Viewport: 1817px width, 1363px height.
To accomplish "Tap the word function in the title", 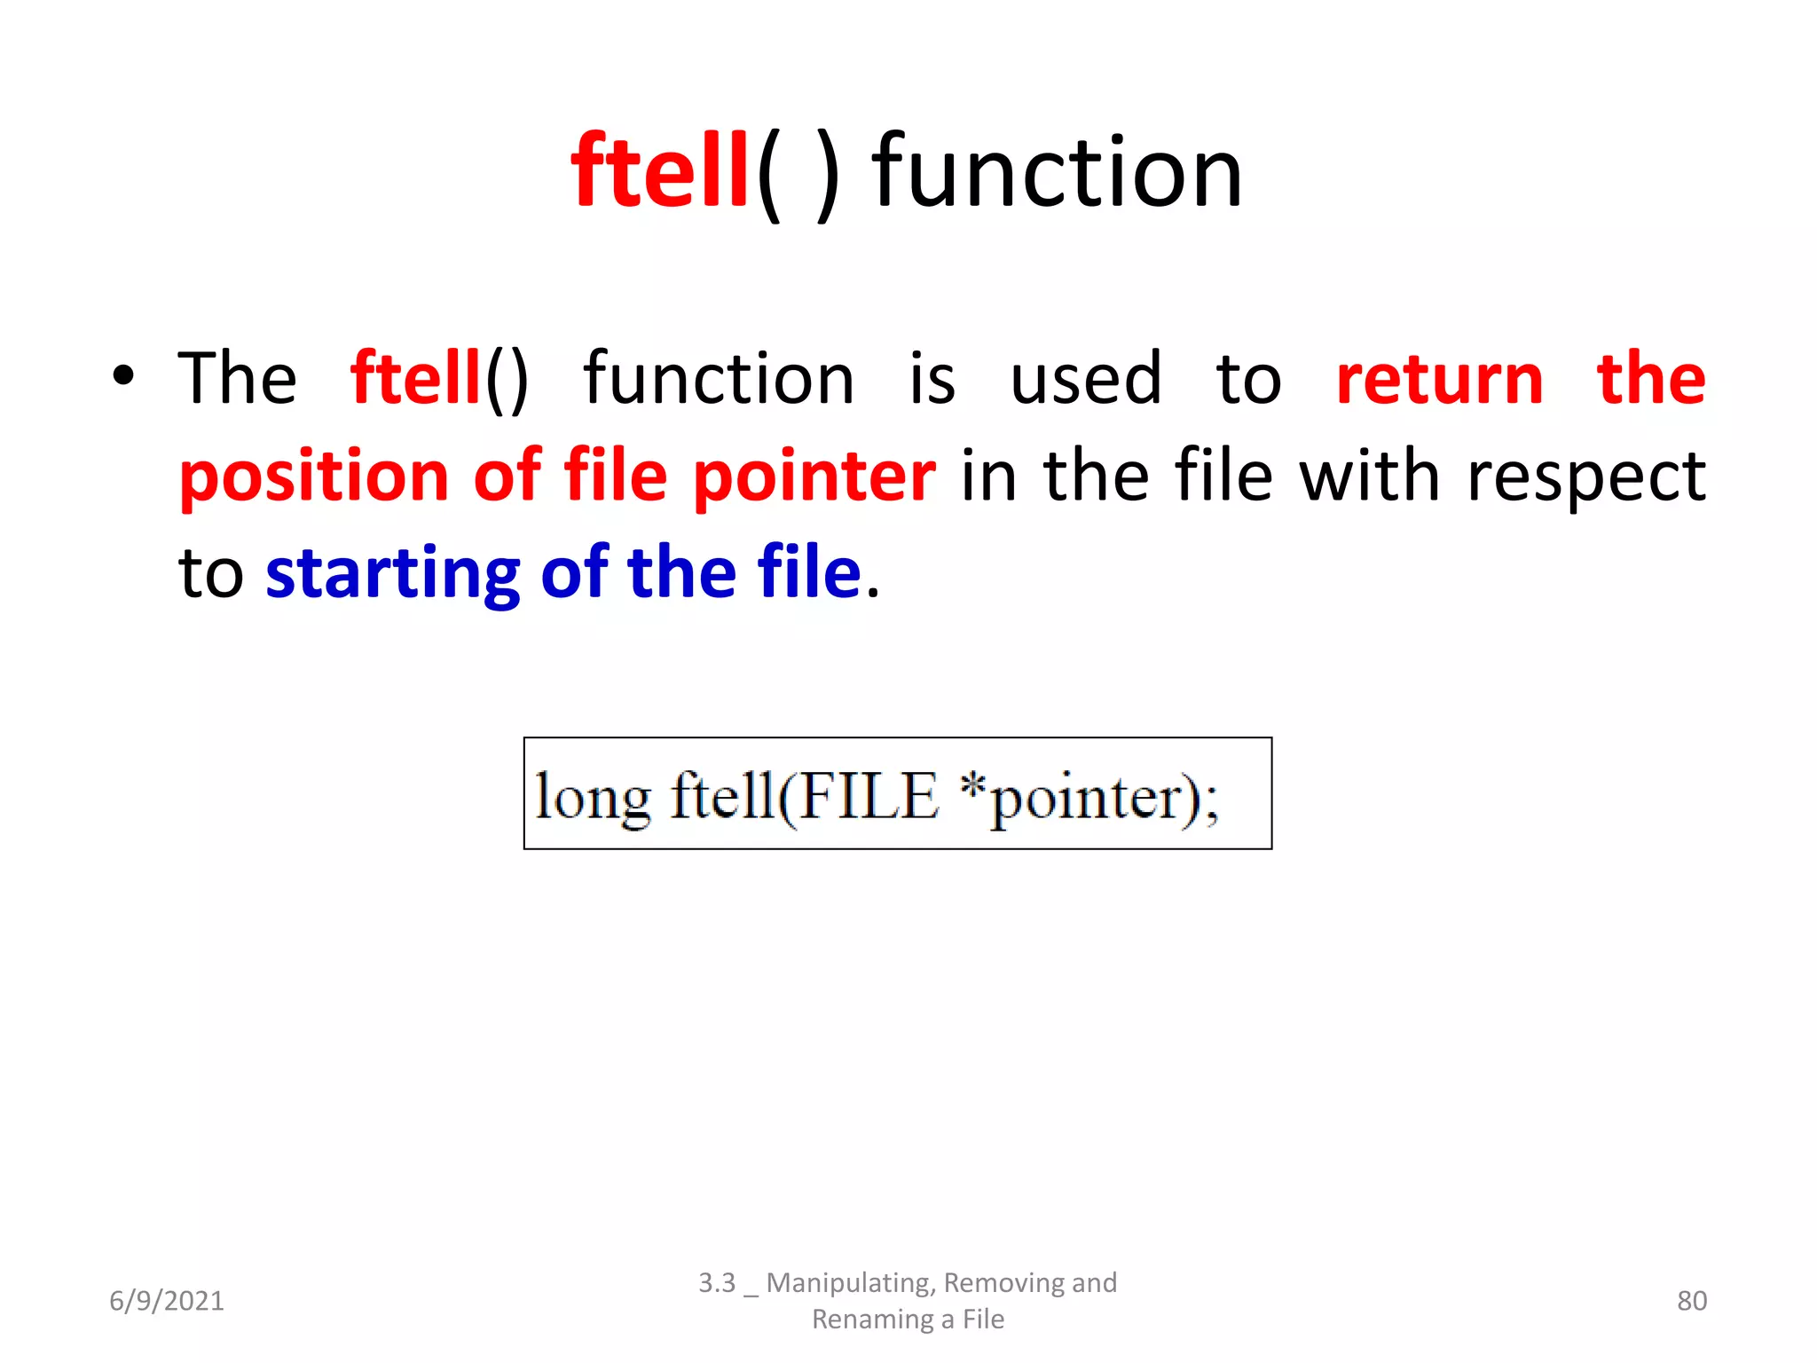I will click(1057, 172).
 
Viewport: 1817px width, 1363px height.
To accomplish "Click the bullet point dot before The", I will click(123, 376).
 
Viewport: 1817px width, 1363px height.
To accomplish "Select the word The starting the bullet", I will click(237, 379).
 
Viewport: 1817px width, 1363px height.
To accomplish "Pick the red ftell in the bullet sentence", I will click(415, 379).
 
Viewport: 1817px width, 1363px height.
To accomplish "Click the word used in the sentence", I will click(1085, 379).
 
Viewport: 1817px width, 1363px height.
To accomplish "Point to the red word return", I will click(1439, 379).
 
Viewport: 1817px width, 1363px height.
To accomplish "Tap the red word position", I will click(314, 477).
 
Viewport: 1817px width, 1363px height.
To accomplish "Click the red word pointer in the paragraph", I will click(814, 477).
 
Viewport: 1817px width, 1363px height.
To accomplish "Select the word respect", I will click(1586, 477).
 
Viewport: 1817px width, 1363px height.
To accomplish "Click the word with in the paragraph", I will click(1370, 476).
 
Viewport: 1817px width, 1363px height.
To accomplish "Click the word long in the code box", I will click(593, 796).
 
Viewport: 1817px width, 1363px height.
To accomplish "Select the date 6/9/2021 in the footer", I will click(167, 1301).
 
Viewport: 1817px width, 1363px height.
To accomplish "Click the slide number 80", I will click(1691, 1301).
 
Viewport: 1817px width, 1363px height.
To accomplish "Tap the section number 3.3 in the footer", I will click(717, 1283).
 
